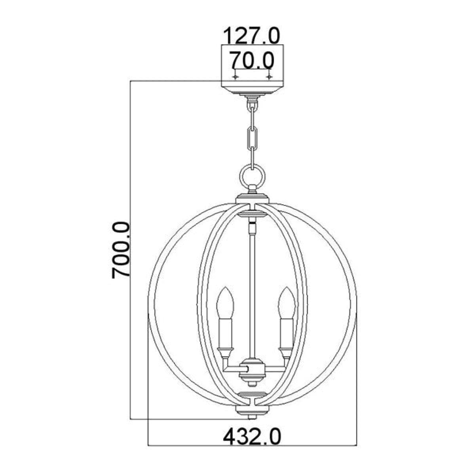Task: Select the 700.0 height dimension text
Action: pyautogui.click(x=121, y=251)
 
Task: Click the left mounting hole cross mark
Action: pyautogui.click(x=236, y=77)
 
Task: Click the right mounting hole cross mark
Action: pyautogui.click(x=269, y=77)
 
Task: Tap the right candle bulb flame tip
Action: pyautogui.click(x=286, y=287)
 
